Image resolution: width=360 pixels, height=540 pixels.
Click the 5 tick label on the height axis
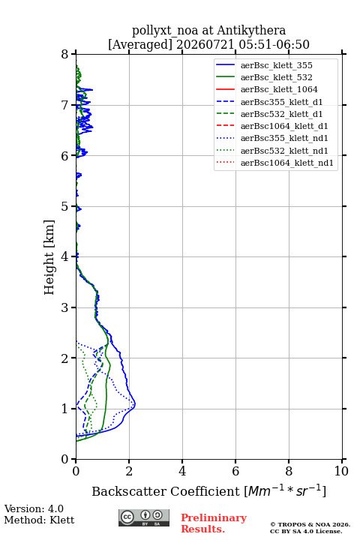click(65, 206)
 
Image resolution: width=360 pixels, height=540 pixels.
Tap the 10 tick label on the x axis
click(341, 471)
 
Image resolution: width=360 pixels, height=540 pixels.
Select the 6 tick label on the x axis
click(235, 471)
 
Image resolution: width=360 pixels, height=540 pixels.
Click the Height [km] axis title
click(49, 257)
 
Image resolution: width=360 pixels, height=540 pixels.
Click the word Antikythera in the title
click(251, 31)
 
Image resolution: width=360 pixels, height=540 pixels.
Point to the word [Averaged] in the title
click(140, 44)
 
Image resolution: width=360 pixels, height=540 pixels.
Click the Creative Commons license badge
click(144, 517)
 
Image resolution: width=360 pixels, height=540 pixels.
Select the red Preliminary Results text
click(214, 523)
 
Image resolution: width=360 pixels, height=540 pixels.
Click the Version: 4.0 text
click(34, 508)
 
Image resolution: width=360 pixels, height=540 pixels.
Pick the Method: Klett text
click(39, 520)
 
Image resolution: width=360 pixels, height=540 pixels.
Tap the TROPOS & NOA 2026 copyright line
click(310, 524)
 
